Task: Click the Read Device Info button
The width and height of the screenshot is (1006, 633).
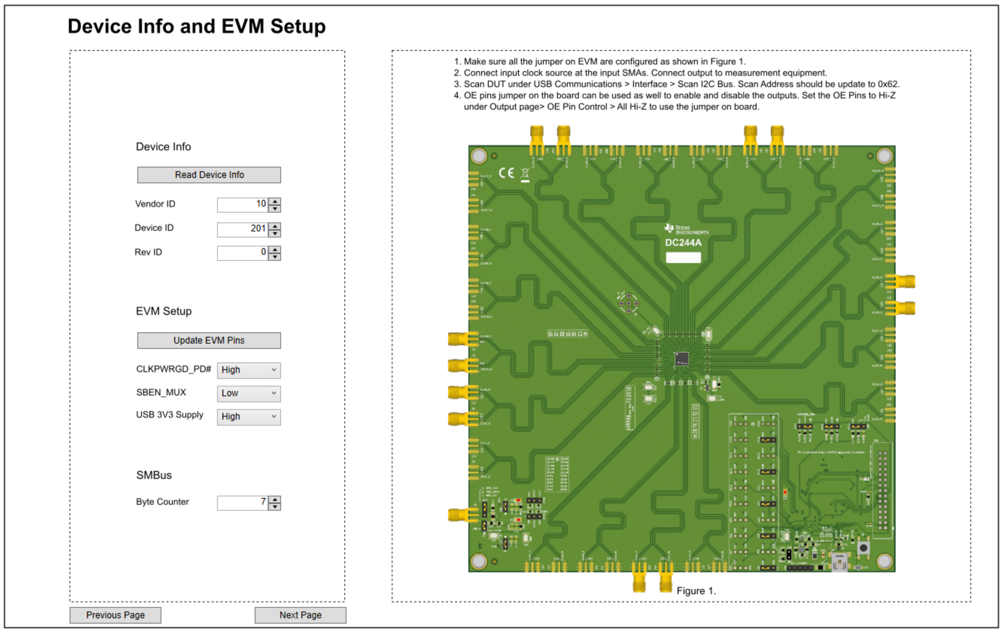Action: tap(209, 175)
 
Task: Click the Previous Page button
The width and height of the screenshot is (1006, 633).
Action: tap(115, 615)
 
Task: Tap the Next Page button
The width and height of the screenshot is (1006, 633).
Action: tap(300, 615)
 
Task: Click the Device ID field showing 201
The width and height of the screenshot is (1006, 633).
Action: tap(242, 229)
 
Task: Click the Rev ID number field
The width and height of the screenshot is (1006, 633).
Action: tap(242, 253)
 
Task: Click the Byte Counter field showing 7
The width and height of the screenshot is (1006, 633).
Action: tap(242, 503)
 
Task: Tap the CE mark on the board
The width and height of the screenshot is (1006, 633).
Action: tap(506, 173)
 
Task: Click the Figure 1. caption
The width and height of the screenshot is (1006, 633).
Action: tap(696, 591)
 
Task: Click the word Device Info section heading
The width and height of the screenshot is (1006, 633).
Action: tap(163, 147)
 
